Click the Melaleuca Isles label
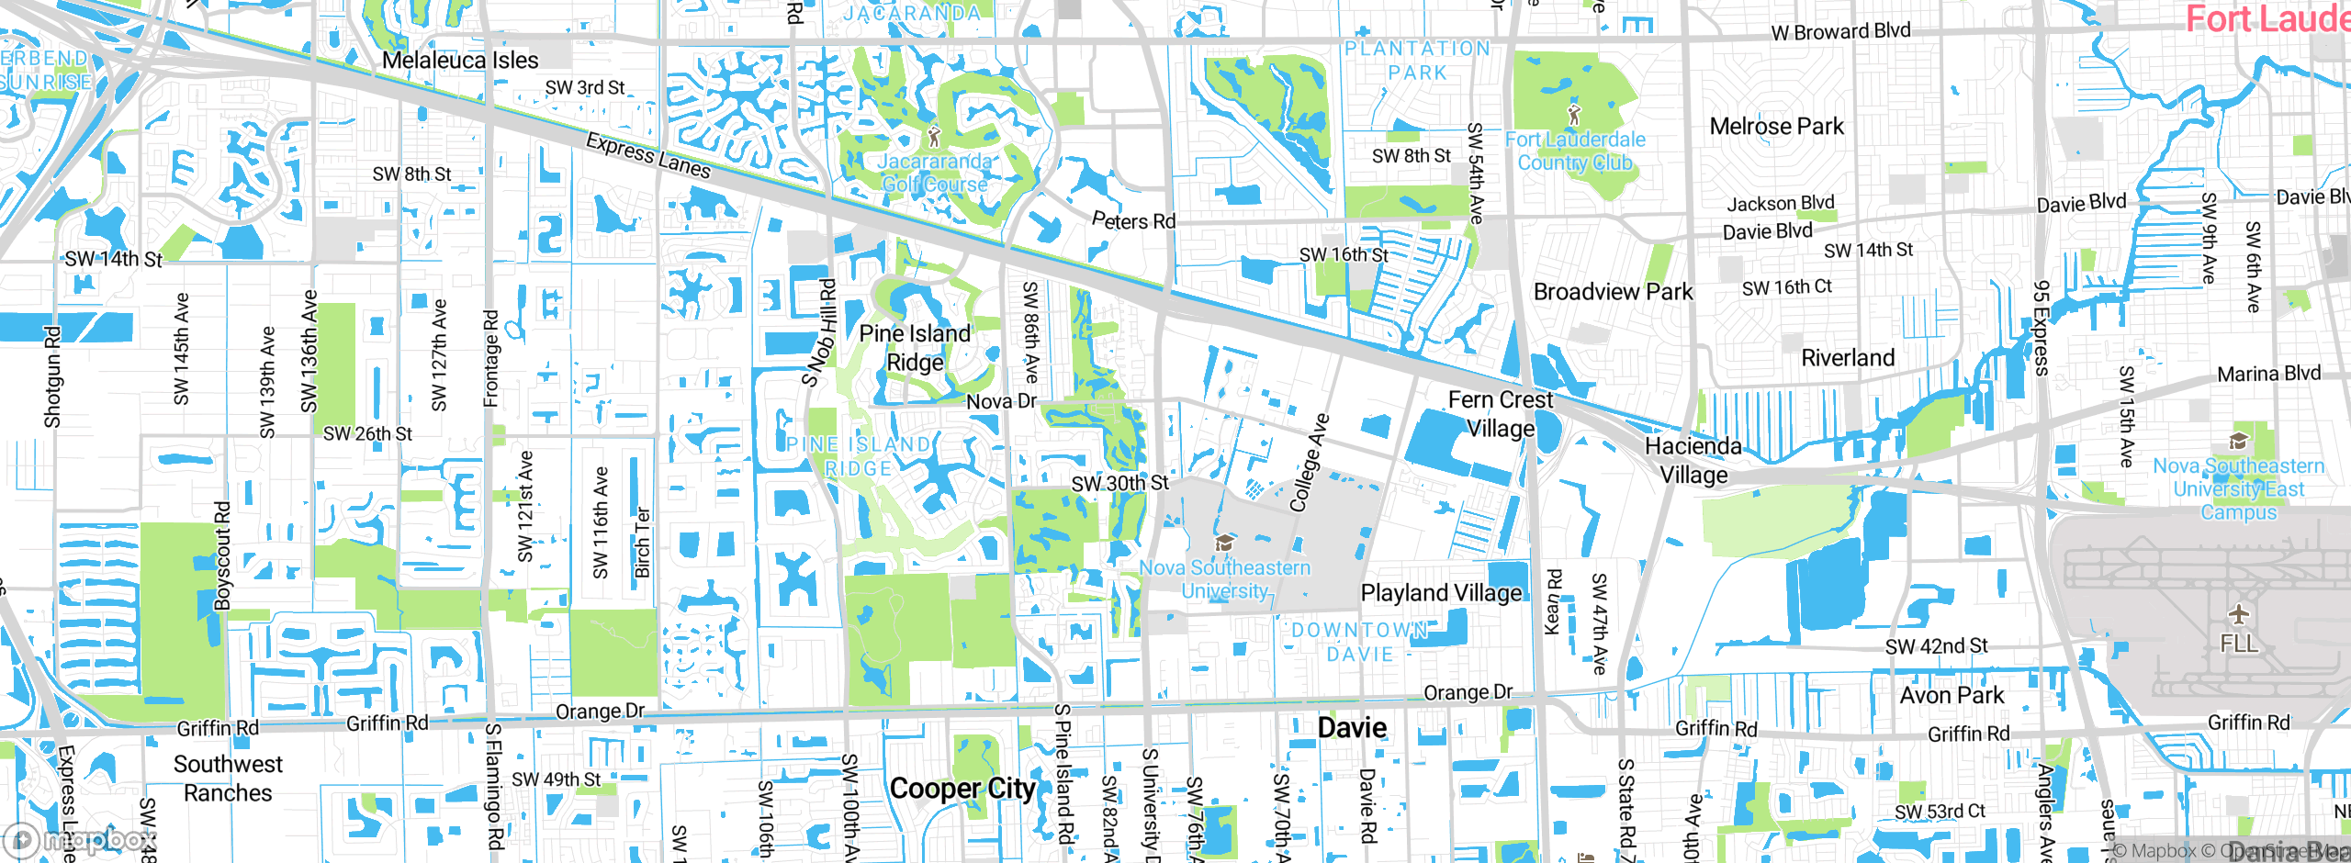[x=460, y=61]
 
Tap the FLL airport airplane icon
[x=2239, y=613]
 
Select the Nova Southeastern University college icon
[x=1223, y=544]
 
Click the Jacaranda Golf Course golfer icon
[x=934, y=138]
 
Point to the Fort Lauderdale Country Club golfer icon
[x=1574, y=115]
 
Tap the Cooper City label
[x=962, y=789]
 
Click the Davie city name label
[x=1352, y=728]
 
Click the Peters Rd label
[x=1133, y=221]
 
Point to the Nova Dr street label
[x=1000, y=401]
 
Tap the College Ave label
[x=1309, y=463]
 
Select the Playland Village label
[x=1440, y=593]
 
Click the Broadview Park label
[x=1613, y=292]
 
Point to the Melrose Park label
[x=1776, y=127]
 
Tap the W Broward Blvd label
[x=1840, y=31]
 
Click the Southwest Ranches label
[x=228, y=779]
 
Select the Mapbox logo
[x=81, y=840]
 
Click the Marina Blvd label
[x=2268, y=374]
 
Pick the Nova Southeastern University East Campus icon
[x=2238, y=442]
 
